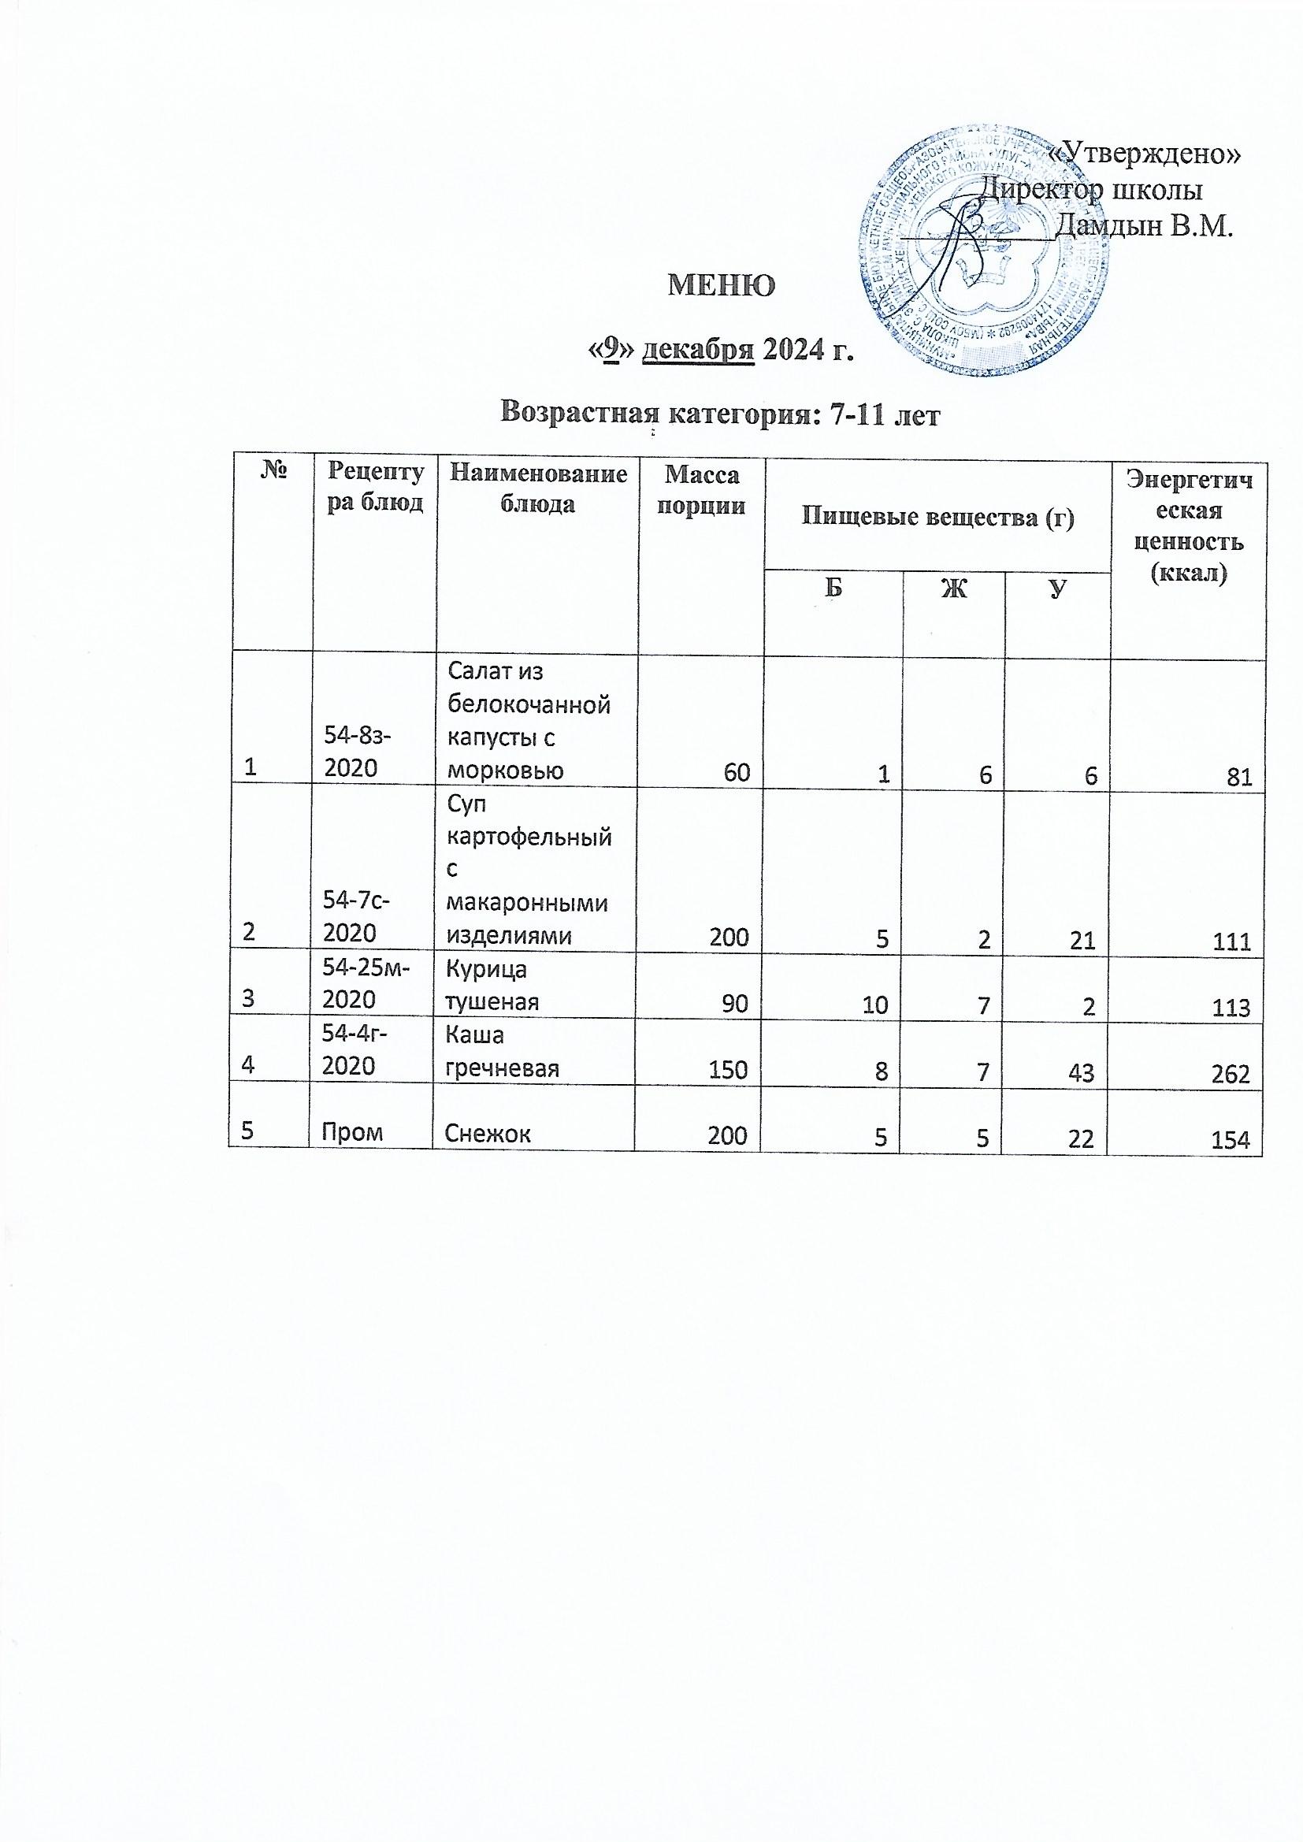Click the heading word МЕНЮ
(x=722, y=284)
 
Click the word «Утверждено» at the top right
(x=1145, y=155)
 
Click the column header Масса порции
(x=701, y=491)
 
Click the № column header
(x=273, y=473)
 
